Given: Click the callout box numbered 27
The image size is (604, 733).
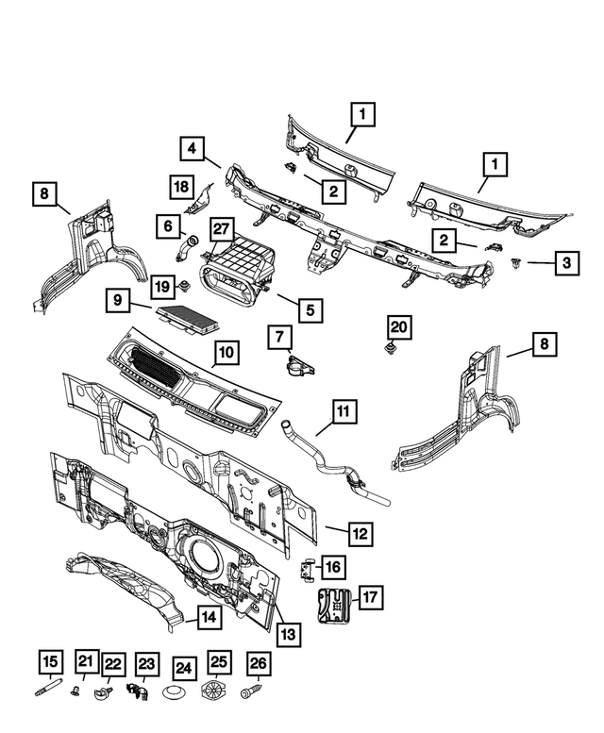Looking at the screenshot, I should (221, 229).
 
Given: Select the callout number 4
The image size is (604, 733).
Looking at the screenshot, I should (192, 148).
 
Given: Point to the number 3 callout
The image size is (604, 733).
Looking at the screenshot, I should (564, 263).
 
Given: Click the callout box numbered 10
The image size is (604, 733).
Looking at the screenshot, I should (226, 353).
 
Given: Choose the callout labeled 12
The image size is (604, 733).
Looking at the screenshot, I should (359, 533).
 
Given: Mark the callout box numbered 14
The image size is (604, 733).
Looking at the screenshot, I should (208, 618).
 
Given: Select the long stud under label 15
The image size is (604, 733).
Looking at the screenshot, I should (48, 696).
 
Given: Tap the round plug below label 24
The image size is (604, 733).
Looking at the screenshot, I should (183, 697).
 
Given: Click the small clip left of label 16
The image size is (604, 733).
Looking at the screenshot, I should (306, 569).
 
